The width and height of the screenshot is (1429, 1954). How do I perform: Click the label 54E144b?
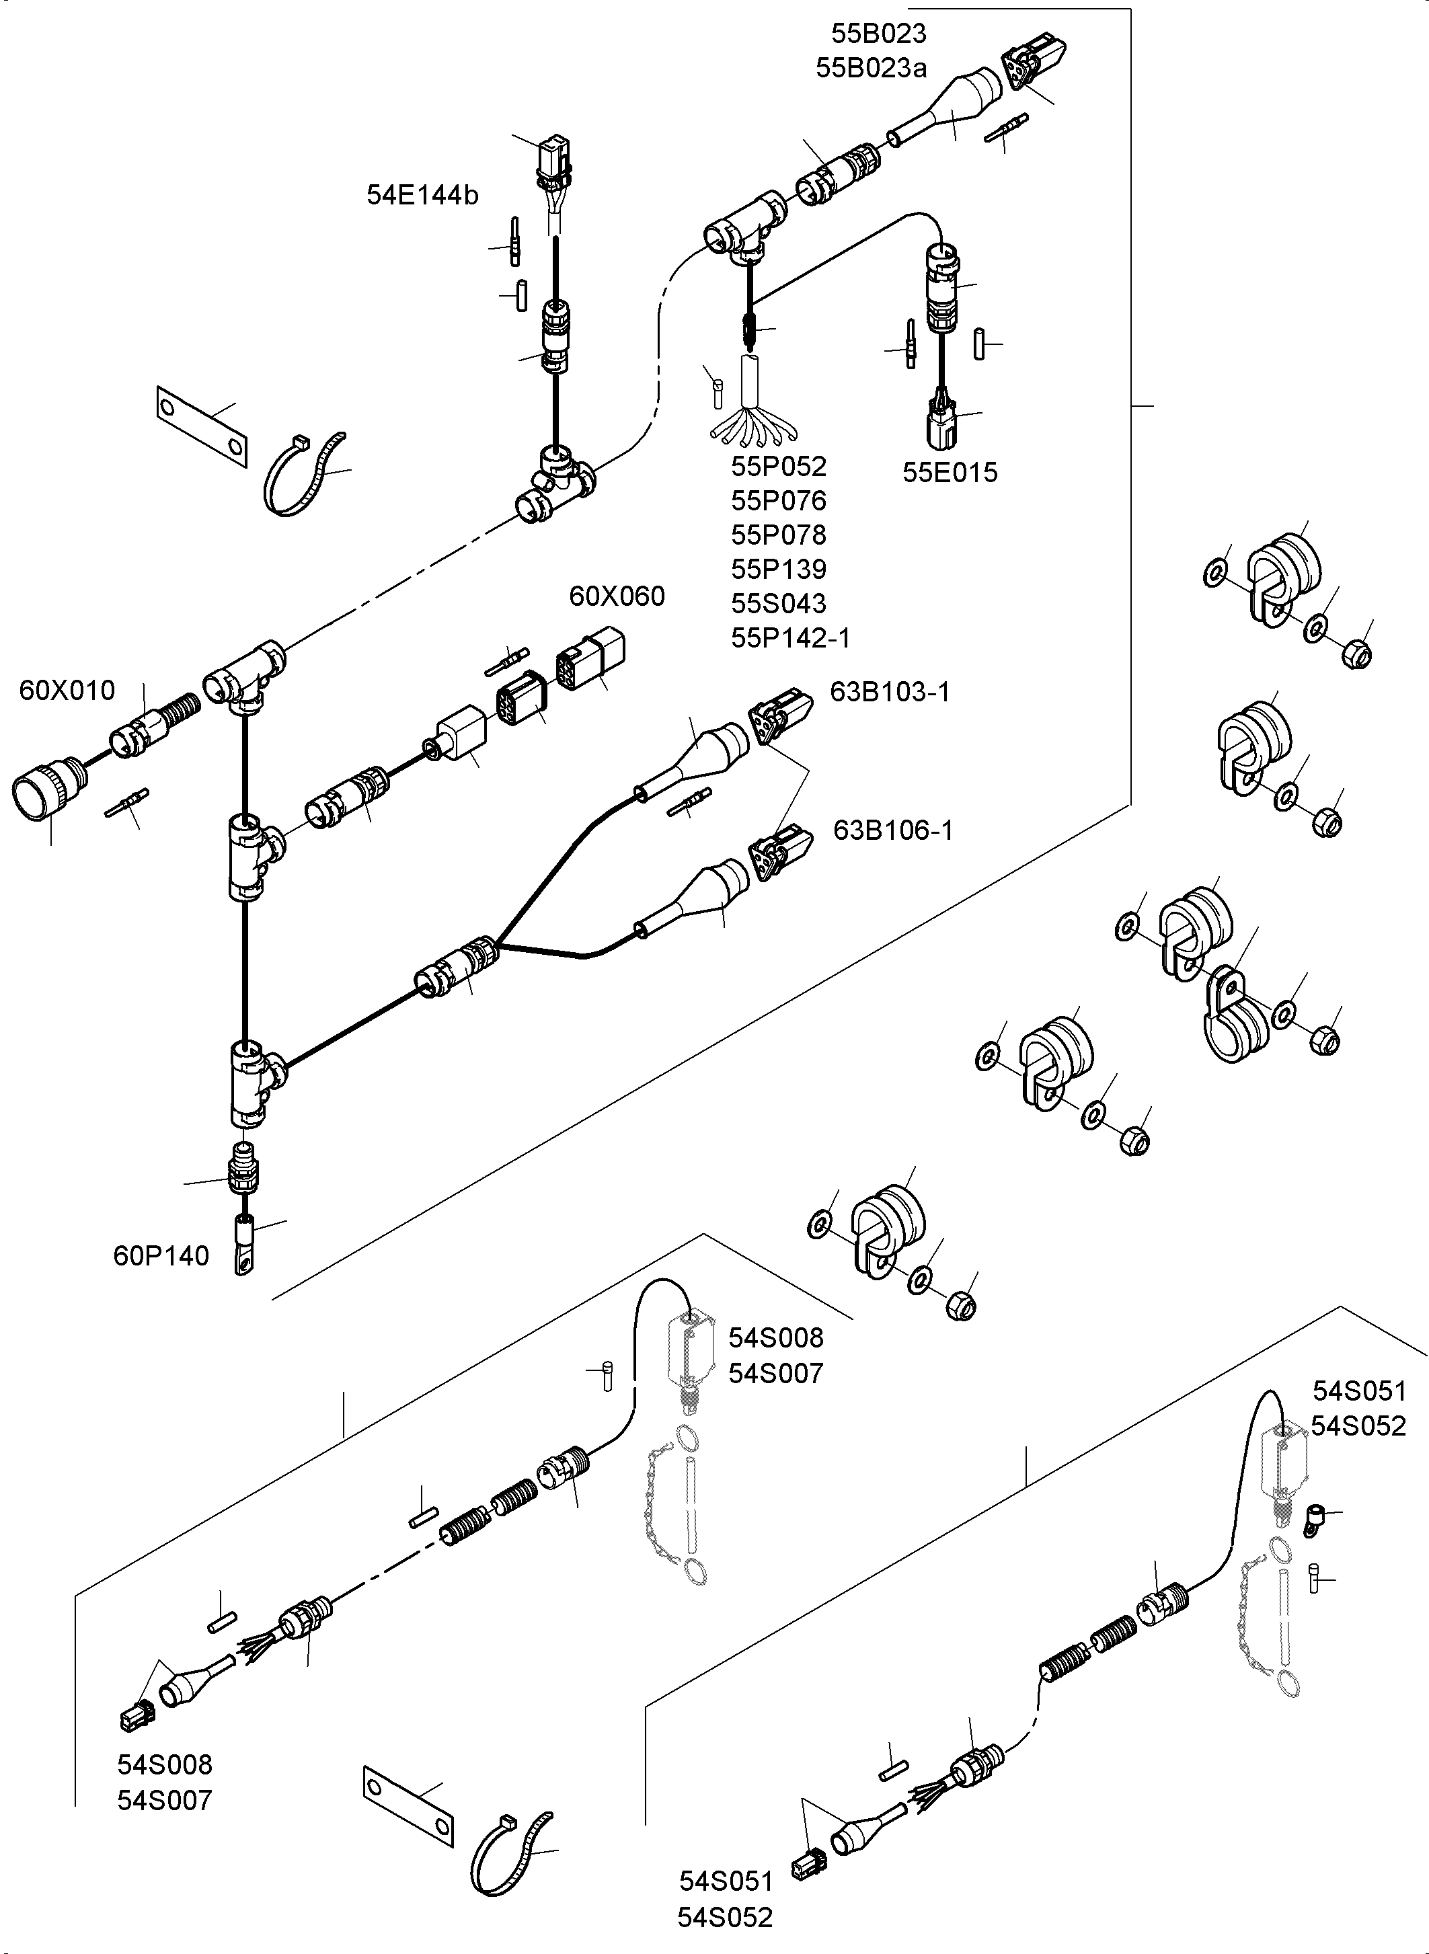click(x=422, y=196)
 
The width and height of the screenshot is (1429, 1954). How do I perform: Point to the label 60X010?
click(x=67, y=691)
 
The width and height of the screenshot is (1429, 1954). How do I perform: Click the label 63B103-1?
click(x=890, y=692)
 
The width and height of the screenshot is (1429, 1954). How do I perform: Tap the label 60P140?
click(x=161, y=1256)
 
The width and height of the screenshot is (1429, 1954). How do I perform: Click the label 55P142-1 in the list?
click(x=791, y=637)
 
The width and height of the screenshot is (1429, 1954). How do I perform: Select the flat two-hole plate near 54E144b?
click(x=202, y=426)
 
